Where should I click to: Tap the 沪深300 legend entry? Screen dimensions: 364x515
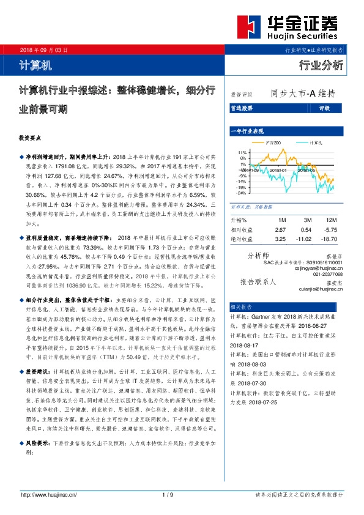coord(274,143)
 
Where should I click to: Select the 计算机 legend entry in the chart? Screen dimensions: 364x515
coord(316,143)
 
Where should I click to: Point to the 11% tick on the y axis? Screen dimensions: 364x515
coord(242,152)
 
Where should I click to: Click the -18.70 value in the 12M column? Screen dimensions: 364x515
coord(331,239)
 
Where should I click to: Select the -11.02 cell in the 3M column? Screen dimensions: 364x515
coord(305,239)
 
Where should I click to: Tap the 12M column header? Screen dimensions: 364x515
coord(332,220)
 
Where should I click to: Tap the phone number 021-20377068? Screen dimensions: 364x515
coord(325,274)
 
